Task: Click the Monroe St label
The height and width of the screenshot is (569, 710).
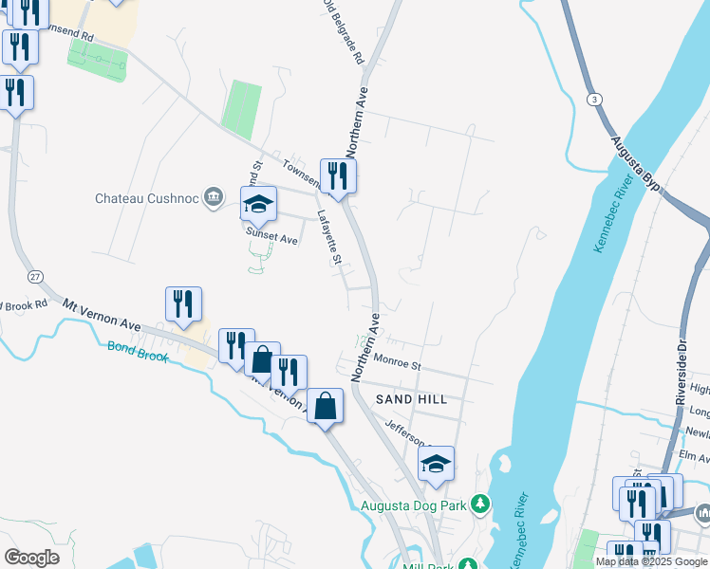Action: (397, 361)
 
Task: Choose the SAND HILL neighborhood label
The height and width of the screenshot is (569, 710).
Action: (411, 399)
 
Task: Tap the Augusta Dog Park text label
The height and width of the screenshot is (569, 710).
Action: (414, 505)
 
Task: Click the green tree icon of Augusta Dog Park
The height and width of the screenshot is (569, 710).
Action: (481, 503)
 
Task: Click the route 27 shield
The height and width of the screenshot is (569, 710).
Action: (35, 276)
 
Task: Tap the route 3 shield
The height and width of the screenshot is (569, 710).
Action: (594, 99)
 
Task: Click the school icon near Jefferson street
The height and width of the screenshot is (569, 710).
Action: (436, 464)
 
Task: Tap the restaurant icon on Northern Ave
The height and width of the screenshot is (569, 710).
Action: (338, 175)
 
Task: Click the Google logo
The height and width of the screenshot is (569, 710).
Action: (31, 558)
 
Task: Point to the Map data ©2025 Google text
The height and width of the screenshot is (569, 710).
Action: (650, 561)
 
